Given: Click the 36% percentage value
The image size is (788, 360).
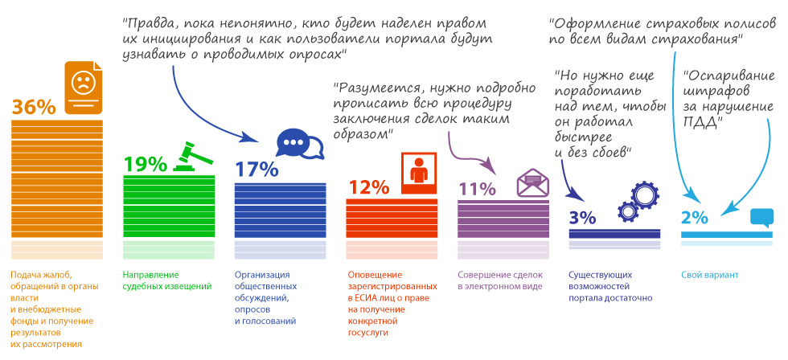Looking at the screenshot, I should [x=35, y=106].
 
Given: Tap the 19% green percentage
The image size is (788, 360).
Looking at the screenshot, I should [x=145, y=164].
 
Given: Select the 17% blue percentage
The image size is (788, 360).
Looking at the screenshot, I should [x=256, y=170].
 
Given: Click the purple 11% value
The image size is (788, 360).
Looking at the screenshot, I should [x=478, y=189].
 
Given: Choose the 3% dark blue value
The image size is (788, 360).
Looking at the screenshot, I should [x=582, y=217].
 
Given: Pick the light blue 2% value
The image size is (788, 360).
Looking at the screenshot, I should [x=694, y=217].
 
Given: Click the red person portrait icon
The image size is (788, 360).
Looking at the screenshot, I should [x=417, y=171].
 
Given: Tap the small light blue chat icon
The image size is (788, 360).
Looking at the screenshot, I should [x=761, y=217].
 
